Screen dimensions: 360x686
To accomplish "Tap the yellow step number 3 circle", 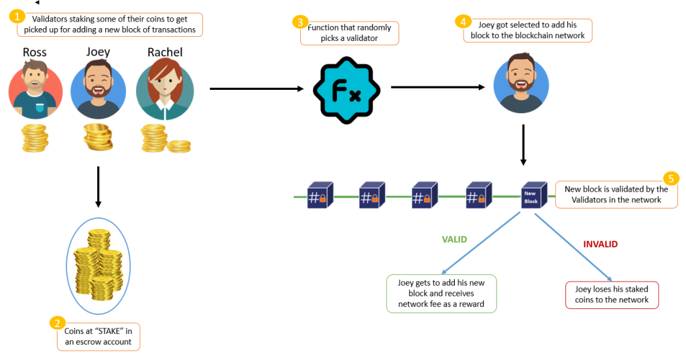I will [x=299, y=23].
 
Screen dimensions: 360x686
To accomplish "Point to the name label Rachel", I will [x=164, y=52].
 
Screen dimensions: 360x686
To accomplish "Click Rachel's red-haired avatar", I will [x=165, y=91].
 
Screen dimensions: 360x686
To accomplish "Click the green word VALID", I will [x=454, y=239].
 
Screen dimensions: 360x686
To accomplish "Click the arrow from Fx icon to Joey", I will [x=438, y=87].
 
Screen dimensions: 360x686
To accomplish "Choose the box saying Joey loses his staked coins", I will [x=612, y=295].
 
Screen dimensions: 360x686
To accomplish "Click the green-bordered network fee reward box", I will [x=441, y=293].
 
